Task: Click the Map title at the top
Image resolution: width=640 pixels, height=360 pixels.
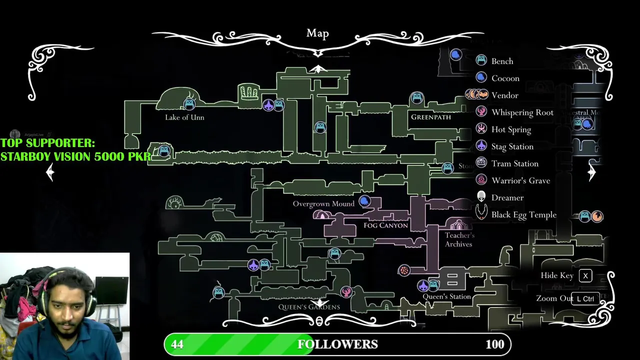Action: [317, 33]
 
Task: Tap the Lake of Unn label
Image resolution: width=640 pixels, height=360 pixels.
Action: [184, 117]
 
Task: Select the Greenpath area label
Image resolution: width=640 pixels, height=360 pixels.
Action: [430, 117]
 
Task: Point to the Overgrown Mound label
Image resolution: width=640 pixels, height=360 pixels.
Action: [323, 204]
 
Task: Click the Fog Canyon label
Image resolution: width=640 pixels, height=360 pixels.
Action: [385, 225]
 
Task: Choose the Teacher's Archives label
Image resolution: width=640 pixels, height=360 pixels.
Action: [459, 239]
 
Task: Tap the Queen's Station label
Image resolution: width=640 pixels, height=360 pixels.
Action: [446, 296]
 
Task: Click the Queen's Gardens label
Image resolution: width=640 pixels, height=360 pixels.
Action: [309, 307]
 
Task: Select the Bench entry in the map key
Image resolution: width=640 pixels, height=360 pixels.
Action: [501, 61]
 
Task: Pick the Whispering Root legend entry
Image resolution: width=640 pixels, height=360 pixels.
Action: [522, 112]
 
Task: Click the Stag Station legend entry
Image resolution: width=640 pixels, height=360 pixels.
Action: [512, 146]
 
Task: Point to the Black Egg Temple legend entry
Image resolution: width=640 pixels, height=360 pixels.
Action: [523, 214]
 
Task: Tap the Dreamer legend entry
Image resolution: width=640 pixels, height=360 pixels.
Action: [507, 197]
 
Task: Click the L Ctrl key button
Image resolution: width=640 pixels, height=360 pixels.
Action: [585, 298]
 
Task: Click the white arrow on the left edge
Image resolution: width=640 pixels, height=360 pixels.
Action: [50, 172]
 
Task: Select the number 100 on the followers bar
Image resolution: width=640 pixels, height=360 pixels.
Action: [494, 344]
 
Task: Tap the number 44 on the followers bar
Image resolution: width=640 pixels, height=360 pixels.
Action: [177, 344]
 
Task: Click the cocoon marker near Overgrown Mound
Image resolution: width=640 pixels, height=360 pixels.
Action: [364, 201]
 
